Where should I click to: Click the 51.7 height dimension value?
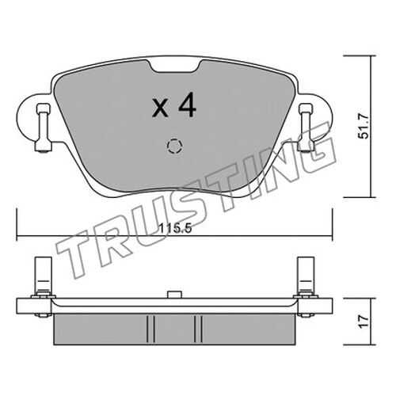tap(363, 126)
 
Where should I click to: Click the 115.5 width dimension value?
tap(175, 228)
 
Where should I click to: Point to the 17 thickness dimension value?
tap(364, 322)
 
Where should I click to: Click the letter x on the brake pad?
tap(160, 109)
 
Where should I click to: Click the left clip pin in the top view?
tap(44, 128)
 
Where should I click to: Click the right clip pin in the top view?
tap(306, 128)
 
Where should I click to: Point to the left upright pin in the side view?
tap(43, 276)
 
